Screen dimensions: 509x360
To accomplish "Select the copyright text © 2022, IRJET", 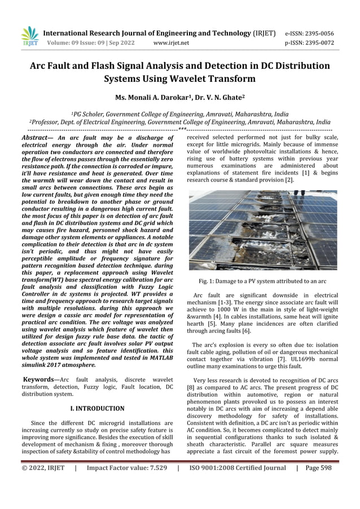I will (43, 467).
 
